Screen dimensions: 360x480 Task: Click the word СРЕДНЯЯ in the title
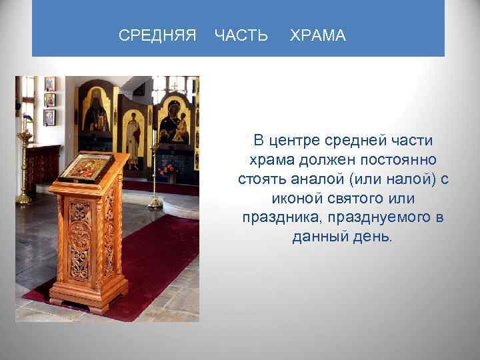[x=157, y=36]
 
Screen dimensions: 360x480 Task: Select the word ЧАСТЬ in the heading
[x=241, y=36]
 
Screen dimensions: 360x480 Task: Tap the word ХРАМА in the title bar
[x=318, y=36]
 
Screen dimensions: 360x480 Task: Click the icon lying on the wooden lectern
[x=85, y=168]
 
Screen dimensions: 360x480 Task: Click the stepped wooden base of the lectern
[x=91, y=299]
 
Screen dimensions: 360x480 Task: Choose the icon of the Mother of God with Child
[x=174, y=120]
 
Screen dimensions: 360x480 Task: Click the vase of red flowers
[x=168, y=172]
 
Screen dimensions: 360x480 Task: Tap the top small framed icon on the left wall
[x=49, y=84]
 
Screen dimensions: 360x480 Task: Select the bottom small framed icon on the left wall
[x=49, y=117]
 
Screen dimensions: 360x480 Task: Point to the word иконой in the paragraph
[x=297, y=199]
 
